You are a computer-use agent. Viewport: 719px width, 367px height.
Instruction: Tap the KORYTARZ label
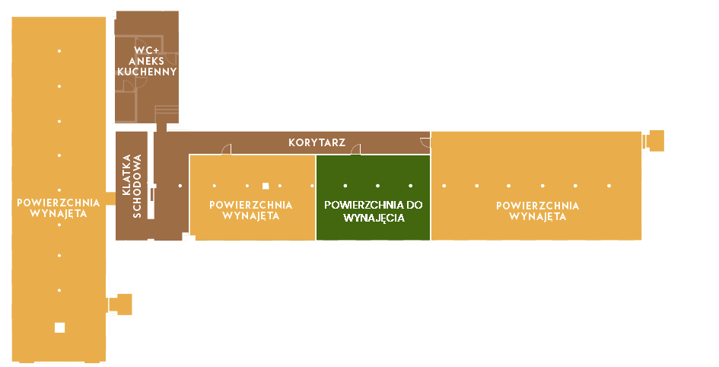point(317,142)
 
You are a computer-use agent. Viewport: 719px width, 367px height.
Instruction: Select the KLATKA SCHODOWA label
point(132,187)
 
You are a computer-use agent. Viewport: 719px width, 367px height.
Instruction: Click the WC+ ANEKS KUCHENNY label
point(147,62)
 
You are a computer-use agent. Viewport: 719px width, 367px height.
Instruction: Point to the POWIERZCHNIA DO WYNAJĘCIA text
point(373,211)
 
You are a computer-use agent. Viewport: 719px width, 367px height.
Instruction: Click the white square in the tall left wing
point(59,327)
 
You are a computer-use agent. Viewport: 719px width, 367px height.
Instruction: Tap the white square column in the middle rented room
point(265,186)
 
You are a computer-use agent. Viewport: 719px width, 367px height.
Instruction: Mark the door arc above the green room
point(355,150)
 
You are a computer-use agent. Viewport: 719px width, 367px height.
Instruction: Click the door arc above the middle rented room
point(226,149)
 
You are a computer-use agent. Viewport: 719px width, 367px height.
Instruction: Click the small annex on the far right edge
point(654,141)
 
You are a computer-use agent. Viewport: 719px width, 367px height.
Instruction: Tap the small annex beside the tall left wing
point(121,304)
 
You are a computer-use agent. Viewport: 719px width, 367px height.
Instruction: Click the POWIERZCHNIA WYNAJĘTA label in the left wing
point(58,208)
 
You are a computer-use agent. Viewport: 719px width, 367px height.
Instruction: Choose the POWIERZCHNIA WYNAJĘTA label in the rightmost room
point(537,211)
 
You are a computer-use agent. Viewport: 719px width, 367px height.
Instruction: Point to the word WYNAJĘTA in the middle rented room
point(251,216)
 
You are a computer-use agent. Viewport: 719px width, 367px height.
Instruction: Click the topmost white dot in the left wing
point(59,51)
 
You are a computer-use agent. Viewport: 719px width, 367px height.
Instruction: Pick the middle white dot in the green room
point(378,186)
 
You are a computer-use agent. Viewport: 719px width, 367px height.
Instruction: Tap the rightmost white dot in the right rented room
point(609,186)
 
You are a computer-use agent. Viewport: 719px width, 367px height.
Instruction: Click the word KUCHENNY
point(147,72)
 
